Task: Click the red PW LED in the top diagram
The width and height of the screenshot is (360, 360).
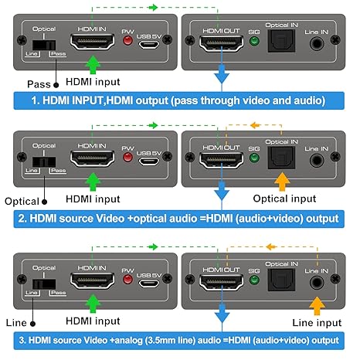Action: (127, 41)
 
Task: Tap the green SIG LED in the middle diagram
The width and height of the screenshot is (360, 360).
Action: (254, 158)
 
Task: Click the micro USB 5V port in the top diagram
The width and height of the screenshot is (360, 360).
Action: (149, 45)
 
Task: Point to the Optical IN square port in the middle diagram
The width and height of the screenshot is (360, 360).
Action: (281, 158)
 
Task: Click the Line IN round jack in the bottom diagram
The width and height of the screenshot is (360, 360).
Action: (317, 282)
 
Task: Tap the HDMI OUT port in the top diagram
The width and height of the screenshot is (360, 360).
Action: (221, 44)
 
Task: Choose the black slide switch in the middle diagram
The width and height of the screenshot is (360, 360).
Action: (44, 162)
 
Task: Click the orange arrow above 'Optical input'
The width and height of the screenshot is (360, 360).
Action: (282, 182)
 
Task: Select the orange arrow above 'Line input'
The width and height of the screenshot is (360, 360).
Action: (317, 306)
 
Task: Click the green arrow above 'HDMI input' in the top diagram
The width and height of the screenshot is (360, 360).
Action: (93, 65)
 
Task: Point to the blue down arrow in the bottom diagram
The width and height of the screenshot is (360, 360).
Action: (222, 313)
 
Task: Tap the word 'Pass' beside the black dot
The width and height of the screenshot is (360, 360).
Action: (39, 84)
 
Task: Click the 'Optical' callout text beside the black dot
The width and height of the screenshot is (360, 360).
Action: (22, 202)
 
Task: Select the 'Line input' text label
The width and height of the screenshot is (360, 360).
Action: (317, 323)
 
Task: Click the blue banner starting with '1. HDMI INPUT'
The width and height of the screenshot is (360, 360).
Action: (178, 100)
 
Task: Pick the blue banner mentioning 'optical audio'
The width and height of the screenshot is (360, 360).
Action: (178, 219)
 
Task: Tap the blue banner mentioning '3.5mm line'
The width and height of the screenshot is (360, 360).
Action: (178, 341)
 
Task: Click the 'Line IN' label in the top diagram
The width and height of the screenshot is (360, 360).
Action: (316, 32)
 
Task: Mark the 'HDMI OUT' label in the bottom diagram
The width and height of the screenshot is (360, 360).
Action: (221, 270)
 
